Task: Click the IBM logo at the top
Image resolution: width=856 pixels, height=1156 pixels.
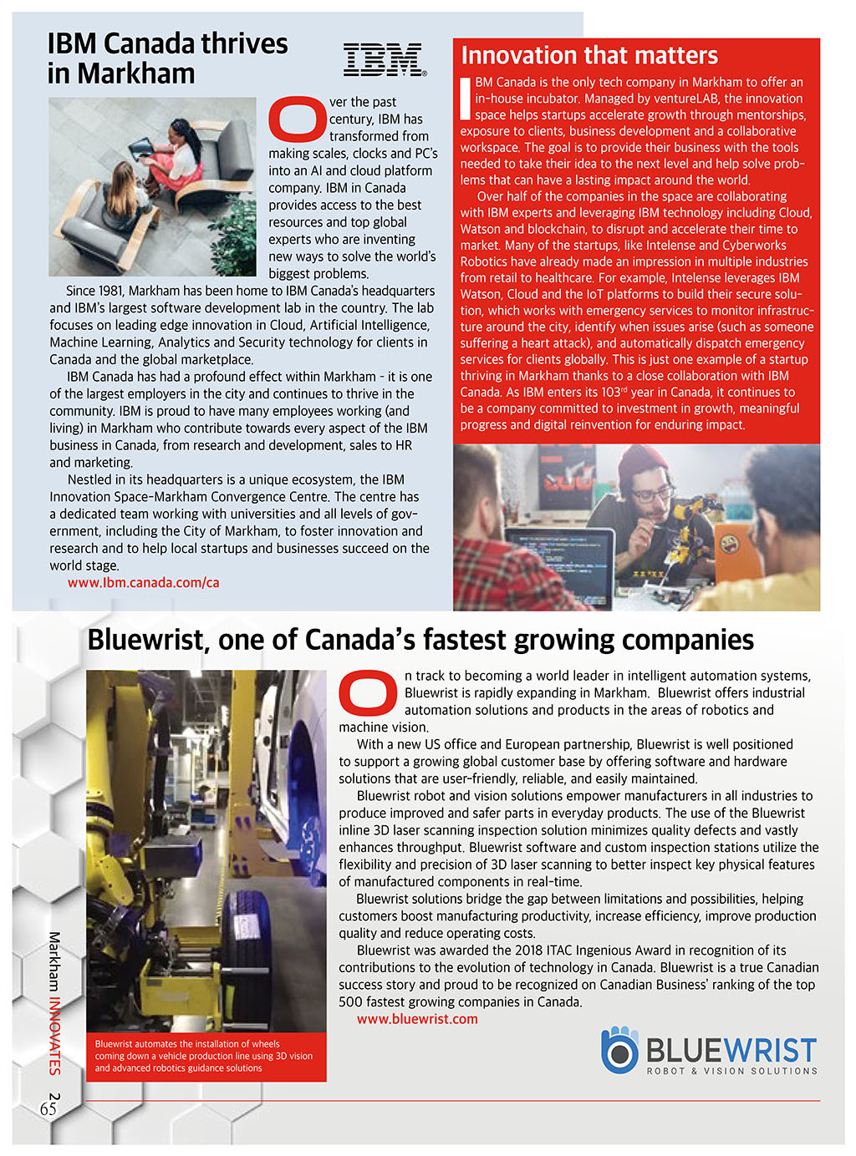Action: [x=384, y=60]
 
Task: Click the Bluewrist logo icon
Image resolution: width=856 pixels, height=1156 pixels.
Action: [x=619, y=1050]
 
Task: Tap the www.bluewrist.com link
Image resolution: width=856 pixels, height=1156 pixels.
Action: [x=417, y=1019]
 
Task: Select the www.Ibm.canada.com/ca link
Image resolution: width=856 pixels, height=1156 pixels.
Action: [x=144, y=583]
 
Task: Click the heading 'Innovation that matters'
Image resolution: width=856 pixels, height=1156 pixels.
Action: [x=589, y=56]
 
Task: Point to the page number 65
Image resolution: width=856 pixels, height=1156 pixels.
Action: [x=48, y=1108]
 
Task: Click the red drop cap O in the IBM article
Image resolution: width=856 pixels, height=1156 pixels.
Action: [x=296, y=119]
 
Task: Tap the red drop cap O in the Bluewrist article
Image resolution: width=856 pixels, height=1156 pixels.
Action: [x=368, y=692]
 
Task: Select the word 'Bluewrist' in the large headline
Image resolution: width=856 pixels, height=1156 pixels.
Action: [x=147, y=640]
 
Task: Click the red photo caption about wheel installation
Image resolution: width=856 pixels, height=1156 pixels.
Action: [x=205, y=1056]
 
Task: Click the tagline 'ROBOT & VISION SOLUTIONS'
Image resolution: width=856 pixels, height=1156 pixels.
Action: [x=731, y=1071]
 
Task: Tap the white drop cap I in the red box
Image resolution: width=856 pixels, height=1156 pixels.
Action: [x=466, y=97]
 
